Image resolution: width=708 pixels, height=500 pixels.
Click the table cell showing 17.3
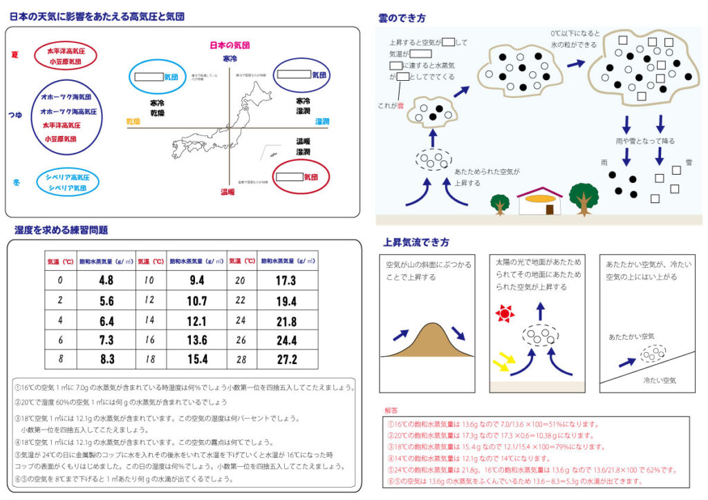tap(285, 281)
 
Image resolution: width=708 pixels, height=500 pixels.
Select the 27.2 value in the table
tap(285, 360)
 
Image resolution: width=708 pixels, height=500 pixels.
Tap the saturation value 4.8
tap(106, 281)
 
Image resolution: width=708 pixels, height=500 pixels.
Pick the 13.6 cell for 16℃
tap(197, 340)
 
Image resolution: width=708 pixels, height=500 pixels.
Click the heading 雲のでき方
tap(402, 18)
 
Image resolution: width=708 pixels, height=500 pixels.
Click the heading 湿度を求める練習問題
tap(61, 230)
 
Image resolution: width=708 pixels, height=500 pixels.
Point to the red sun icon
tap(505, 314)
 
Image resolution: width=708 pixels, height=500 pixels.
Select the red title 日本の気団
tap(230, 46)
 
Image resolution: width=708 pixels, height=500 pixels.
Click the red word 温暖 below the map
tap(227, 192)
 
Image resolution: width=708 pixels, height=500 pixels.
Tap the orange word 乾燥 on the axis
tap(133, 122)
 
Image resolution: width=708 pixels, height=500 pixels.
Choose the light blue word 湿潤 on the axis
tap(322, 122)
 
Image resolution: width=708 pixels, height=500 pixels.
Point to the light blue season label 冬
tap(15, 182)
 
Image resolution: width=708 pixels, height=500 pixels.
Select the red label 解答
tap(391, 410)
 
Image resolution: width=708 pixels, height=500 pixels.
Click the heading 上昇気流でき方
tap(416, 242)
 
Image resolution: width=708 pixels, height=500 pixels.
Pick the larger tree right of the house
tap(584, 198)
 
